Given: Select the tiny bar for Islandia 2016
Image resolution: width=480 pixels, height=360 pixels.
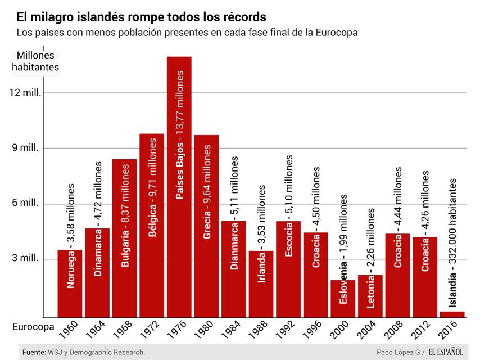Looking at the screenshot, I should (452, 314).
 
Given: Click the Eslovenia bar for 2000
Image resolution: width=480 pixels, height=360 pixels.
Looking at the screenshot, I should (343, 298).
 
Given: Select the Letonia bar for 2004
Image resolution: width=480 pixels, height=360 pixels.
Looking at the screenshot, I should (370, 296).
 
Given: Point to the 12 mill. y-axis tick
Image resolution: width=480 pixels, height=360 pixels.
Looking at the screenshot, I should (26, 92).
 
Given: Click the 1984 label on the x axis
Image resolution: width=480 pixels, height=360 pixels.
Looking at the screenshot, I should (232, 331).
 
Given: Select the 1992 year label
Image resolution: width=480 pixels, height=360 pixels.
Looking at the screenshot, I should (287, 331).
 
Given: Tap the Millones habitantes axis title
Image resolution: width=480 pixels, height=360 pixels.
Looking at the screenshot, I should (35, 61).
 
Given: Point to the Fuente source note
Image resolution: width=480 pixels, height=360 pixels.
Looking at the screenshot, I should (84, 352).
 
